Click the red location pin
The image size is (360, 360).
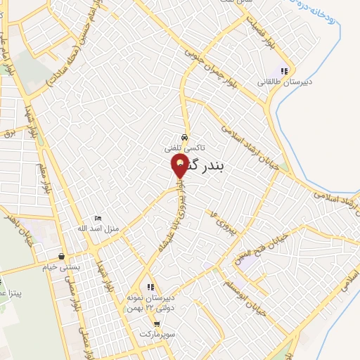[180, 167]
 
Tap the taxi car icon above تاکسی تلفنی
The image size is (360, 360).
[184, 137]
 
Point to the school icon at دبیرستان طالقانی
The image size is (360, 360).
[284, 70]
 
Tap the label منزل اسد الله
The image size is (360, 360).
[95, 229]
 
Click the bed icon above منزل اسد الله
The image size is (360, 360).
[98, 218]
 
